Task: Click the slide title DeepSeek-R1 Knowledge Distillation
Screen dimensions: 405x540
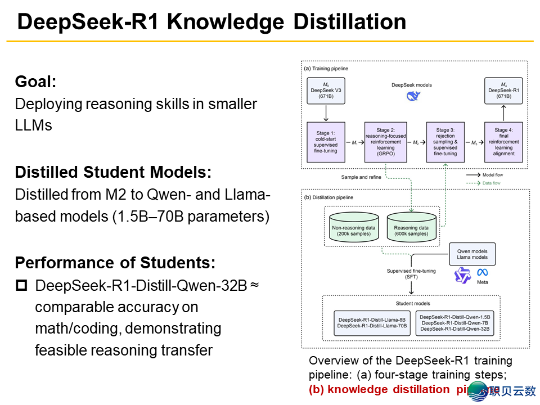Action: pos(211,22)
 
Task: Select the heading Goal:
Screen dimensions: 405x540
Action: pos(36,82)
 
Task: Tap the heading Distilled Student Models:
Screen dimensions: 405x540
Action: pos(113,172)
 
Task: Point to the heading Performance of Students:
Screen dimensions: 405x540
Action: pos(115,263)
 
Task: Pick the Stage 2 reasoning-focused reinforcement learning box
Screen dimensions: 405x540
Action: pos(385,142)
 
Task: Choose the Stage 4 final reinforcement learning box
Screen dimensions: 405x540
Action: pos(503,142)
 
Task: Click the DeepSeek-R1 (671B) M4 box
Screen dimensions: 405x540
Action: pos(503,91)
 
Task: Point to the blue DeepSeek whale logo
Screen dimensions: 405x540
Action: pos(414,96)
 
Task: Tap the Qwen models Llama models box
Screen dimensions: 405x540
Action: pos(472,254)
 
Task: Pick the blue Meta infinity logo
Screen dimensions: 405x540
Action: pos(482,272)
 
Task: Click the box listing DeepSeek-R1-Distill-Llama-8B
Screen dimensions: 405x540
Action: pos(371,322)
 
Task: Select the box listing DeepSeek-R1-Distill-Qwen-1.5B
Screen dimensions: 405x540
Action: pos(455,322)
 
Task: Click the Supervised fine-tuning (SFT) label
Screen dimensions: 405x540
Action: pos(411,274)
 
